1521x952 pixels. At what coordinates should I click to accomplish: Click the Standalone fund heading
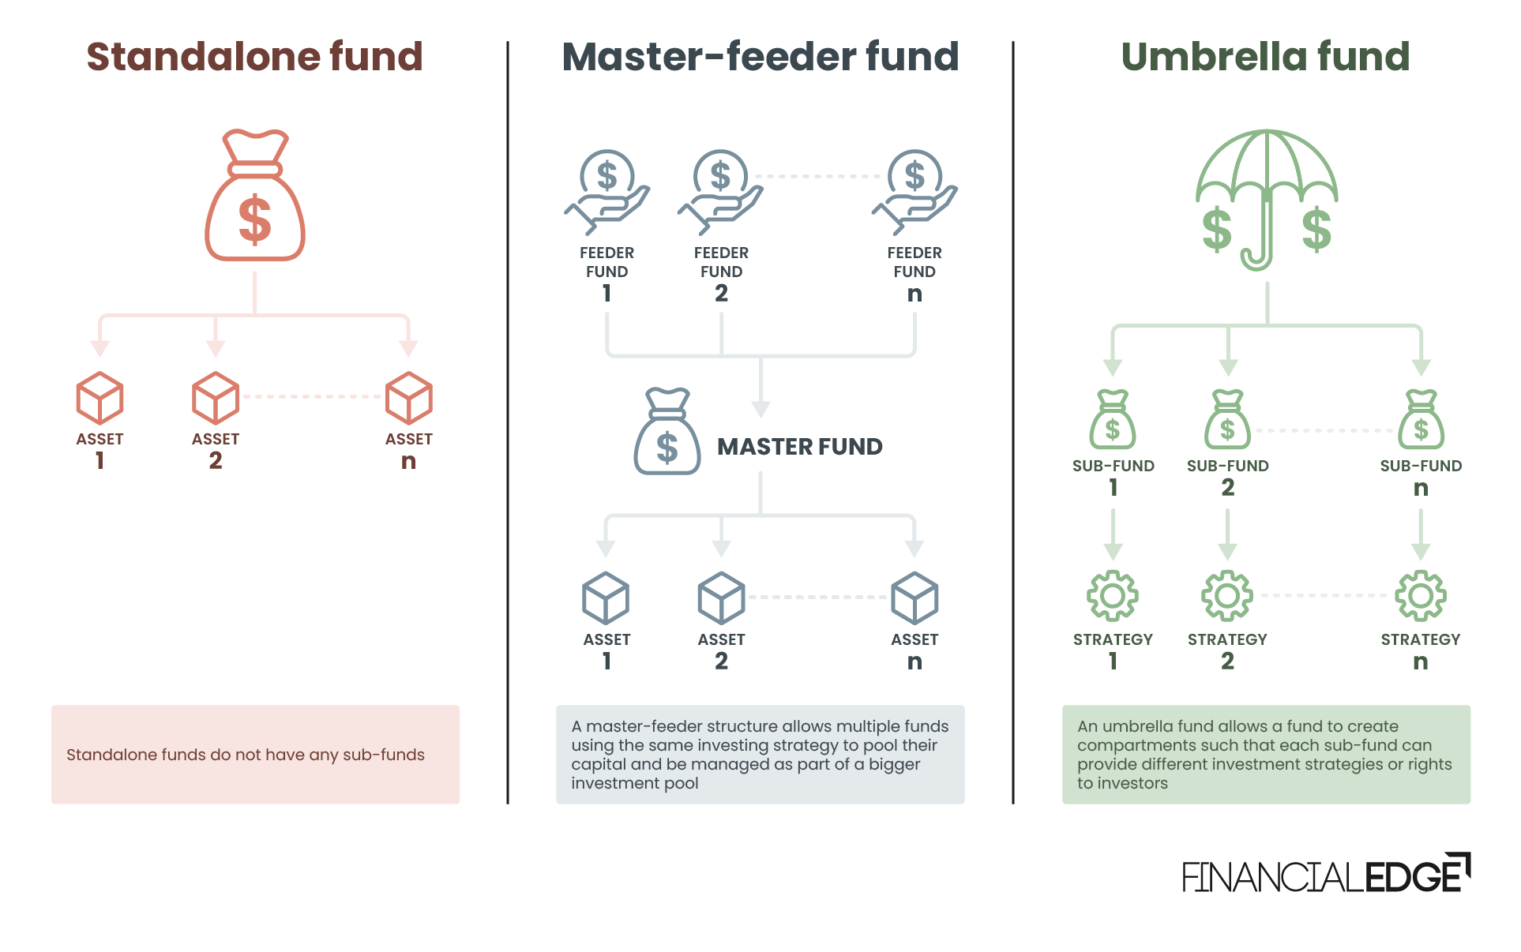tap(254, 57)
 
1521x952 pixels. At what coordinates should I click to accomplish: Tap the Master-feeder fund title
tap(760, 57)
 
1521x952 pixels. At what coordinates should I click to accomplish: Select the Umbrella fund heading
tap(1265, 57)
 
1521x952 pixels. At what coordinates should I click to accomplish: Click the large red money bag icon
tap(255, 196)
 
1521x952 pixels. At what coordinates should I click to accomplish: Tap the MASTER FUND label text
tap(799, 447)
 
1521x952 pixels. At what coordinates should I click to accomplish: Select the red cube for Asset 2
tap(216, 398)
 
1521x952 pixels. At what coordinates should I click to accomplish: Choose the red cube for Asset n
tap(408, 398)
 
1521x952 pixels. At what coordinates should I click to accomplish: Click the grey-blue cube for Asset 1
tap(606, 598)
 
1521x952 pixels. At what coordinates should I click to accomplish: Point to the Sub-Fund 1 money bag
tap(1113, 420)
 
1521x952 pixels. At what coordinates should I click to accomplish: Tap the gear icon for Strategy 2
tap(1227, 595)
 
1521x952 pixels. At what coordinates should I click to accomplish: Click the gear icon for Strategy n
tap(1421, 595)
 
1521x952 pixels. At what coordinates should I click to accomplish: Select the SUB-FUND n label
tap(1421, 477)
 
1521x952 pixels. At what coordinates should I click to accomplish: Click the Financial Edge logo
tap(1326, 873)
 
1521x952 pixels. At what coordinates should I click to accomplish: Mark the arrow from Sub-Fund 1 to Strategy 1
tap(1113, 534)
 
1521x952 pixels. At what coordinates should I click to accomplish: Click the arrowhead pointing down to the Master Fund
tap(760, 409)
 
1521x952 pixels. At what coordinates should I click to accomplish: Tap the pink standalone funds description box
tap(255, 755)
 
